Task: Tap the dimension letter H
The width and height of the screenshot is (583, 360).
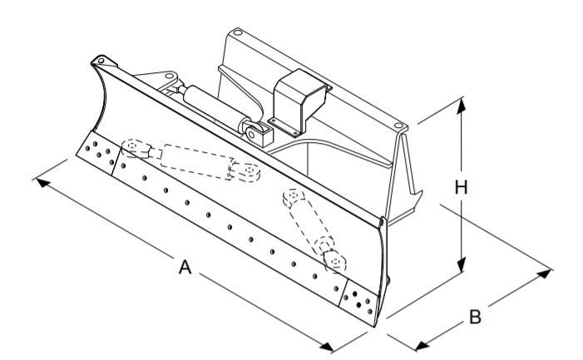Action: coord(462,187)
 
